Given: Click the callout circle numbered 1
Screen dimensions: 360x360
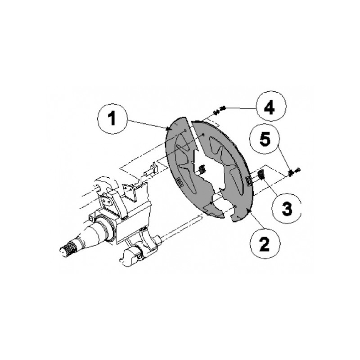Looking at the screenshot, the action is (x=112, y=119).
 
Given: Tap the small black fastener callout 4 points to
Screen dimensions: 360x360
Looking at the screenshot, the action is (x=219, y=110).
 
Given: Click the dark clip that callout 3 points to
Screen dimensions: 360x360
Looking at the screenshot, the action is (x=261, y=175).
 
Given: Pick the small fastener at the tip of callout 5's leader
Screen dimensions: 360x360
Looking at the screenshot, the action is (x=294, y=171).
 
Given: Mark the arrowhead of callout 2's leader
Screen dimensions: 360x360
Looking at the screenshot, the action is (x=247, y=210).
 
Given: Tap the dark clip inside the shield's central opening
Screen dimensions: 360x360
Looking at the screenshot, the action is (x=201, y=170).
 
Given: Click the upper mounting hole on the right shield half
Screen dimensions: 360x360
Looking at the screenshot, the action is (x=203, y=134).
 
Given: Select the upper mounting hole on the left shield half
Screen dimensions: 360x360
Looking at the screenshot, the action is (x=185, y=130).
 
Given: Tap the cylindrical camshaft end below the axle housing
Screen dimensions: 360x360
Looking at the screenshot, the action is (x=130, y=256).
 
